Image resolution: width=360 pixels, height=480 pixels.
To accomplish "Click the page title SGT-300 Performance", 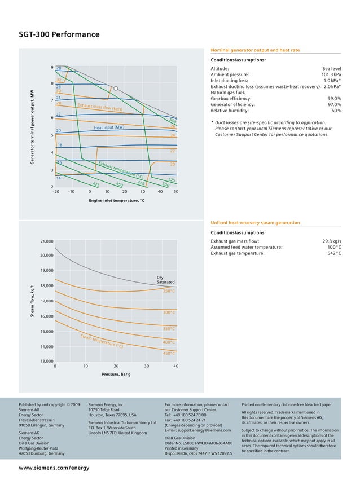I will (x=59, y=35).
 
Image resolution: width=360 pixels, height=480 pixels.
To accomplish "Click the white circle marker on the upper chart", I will (x=115, y=88).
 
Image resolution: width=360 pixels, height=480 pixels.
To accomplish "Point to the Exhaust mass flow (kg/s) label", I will (x=100, y=107).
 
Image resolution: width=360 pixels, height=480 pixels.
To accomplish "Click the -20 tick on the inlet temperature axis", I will (x=56, y=191).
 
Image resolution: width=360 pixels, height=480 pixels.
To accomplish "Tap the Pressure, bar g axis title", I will (x=116, y=375).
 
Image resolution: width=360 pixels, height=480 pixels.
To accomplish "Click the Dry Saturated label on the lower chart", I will (x=165, y=279).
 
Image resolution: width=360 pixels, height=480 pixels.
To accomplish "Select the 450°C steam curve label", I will (x=169, y=353).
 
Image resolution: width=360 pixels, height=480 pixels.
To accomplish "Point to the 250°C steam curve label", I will (x=169, y=291).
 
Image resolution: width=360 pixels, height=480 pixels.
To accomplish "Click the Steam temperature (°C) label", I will (x=102, y=341).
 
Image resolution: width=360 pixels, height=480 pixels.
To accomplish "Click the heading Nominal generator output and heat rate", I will (x=255, y=50).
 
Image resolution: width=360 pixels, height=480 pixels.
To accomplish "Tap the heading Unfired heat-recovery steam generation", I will (x=255, y=223).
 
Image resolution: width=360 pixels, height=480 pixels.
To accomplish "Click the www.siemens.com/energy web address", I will (x=54, y=468).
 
